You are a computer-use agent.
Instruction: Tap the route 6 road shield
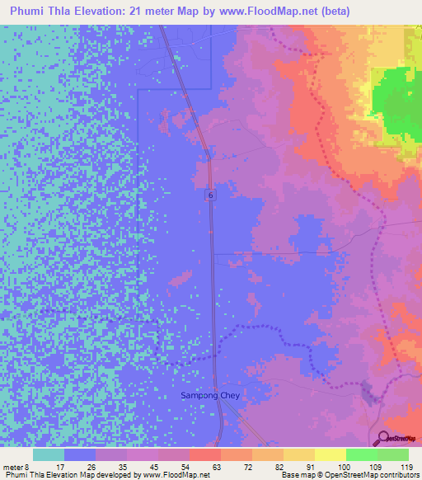(211, 195)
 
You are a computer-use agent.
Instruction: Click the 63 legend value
(193, 468)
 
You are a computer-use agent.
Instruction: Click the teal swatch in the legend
(49, 454)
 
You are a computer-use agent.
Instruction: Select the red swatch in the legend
(204, 454)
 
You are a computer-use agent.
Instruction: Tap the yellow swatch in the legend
(330, 454)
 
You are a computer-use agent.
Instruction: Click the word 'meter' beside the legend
(13, 468)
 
